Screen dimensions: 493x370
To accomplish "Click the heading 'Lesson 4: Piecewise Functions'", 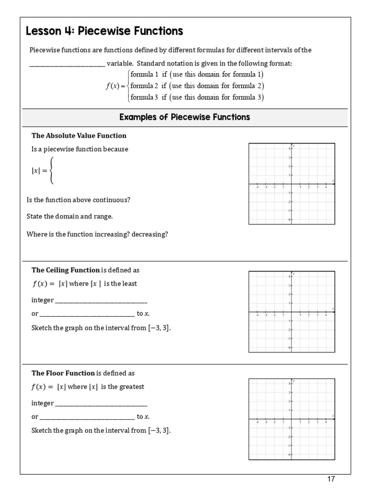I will (104, 32).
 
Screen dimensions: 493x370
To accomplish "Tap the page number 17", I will (330, 479).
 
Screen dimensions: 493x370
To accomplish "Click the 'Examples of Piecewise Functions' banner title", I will (185, 117).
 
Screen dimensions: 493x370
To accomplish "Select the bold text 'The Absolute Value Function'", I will (79, 135).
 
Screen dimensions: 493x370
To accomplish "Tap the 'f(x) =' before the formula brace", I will (115, 86).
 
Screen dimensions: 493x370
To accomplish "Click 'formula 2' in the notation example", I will (145, 86).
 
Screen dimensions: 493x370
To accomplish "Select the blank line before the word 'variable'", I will (67, 64).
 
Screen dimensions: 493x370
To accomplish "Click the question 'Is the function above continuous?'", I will (78, 200).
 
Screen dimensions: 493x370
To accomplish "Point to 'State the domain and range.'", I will (69, 216).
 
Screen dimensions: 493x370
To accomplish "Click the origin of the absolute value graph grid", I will (291, 184).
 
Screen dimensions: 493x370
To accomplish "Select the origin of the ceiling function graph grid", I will (291, 312).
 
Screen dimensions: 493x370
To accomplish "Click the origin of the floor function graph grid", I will (291, 419).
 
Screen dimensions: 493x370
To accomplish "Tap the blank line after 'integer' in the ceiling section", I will (101, 300).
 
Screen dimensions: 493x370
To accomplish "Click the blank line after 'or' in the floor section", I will (87, 417).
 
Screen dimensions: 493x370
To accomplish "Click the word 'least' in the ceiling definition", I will (129, 284).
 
